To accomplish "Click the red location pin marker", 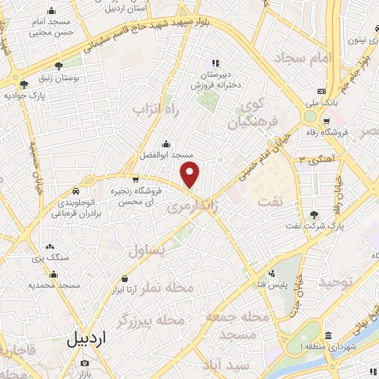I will click(x=191, y=175).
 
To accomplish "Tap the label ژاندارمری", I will click(x=194, y=209).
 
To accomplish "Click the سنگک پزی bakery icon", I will click(x=50, y=246).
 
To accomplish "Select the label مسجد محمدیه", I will click(x=54, y=284).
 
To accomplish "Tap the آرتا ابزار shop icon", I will click(x=124, y=279).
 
